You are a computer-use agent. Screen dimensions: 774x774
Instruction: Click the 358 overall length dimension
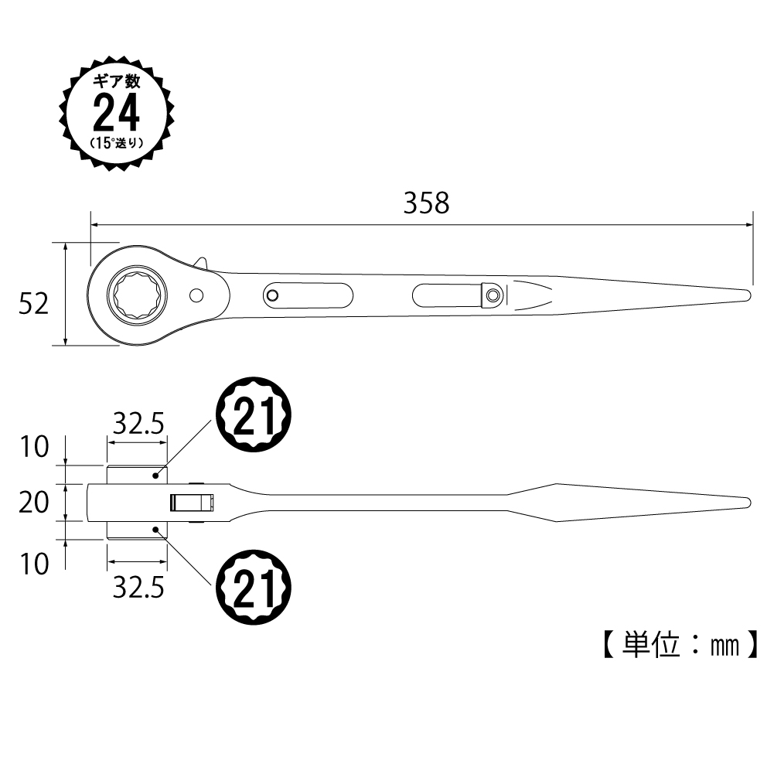427,203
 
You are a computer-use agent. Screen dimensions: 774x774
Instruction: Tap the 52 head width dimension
33,304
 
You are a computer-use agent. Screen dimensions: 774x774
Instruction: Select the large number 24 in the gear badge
117,113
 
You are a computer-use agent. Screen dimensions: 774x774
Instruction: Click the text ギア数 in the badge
117,81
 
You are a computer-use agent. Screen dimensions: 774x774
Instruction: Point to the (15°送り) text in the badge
117,142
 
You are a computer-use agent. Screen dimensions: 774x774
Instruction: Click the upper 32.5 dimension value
138,423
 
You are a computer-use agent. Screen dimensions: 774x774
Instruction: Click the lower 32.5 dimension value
138,588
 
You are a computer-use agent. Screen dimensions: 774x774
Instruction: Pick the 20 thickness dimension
33,503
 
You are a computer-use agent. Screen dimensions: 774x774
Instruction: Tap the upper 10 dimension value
34,447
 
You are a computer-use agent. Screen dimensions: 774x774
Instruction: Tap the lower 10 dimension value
34,564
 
